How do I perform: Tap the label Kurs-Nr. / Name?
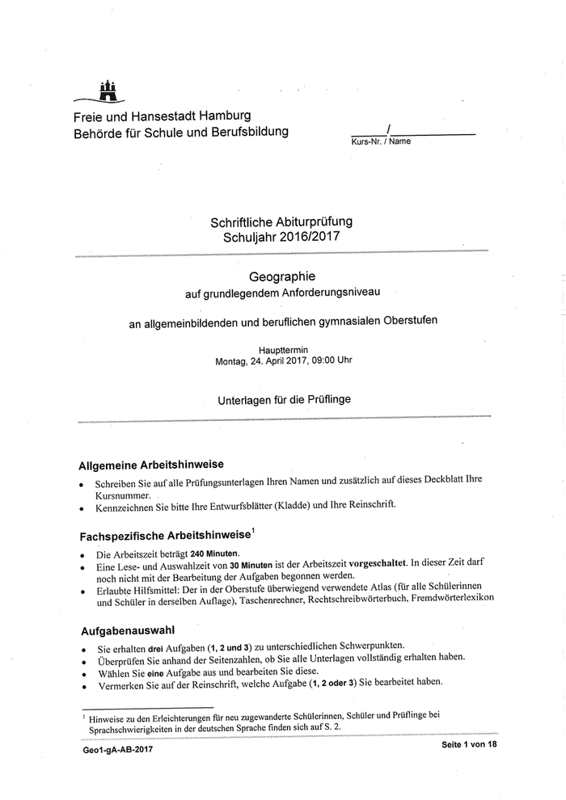click(381, 141)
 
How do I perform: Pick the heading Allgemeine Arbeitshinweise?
click(150, 465)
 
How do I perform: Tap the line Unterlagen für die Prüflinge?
click(283, 399)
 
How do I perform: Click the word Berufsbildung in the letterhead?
click(247, 131)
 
